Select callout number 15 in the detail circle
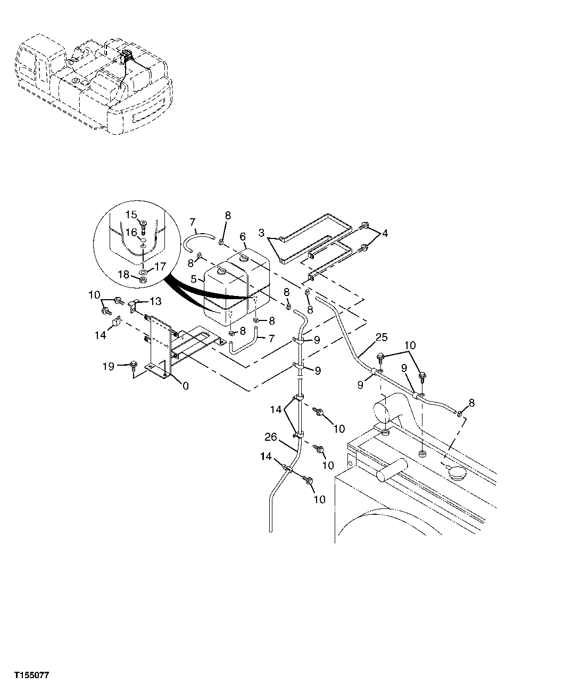pos(131,215)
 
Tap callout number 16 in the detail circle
pos(131,233)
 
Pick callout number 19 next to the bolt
pos(109,367)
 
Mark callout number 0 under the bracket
pos(185,386)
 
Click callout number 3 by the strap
pos(261,233)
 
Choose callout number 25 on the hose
pos(382,337)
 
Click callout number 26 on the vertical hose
pos(271,438)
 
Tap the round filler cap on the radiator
pos(457,471)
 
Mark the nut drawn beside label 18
pos(143,278)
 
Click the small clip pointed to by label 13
pos(134,302)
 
